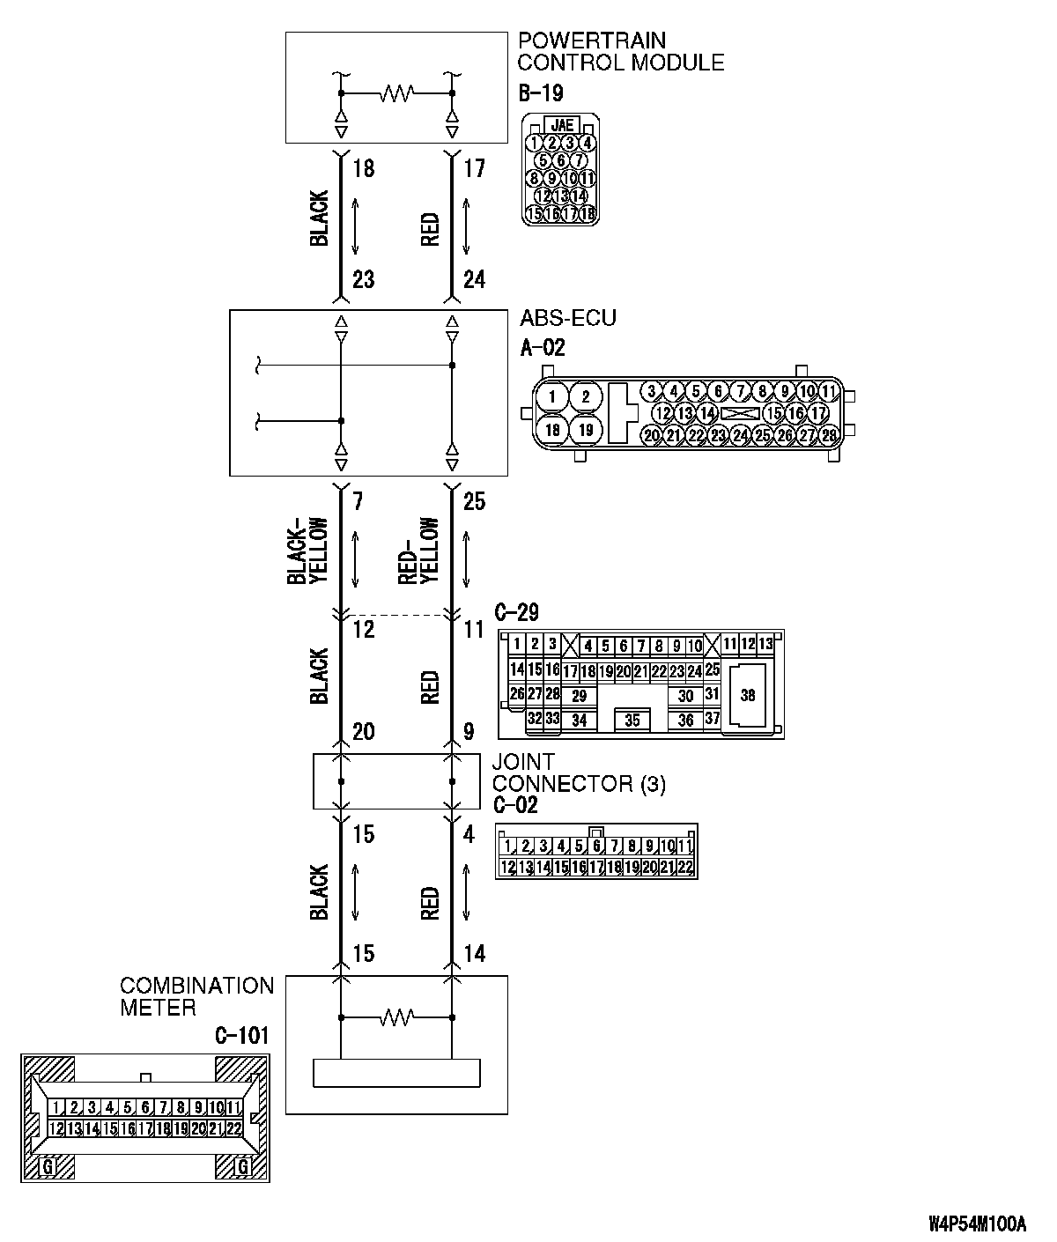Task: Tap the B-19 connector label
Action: pos(540,92)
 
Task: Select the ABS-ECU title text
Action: pos(567,318)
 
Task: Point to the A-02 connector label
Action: pos(543,347)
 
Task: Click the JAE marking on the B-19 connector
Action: pos(560,125)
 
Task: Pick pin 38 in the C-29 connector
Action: pos(748,695)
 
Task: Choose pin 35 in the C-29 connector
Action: pos(632,720)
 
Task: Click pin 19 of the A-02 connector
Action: pos(587,430)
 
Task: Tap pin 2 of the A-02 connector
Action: pos(587,396)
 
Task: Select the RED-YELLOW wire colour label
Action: pos(418,550)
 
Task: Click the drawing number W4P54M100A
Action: pos(977,1224)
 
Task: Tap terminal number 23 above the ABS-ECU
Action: pos(363,279)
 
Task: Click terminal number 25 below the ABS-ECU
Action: pos(474,501)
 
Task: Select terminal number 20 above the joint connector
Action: pos(363,731)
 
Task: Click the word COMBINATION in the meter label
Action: pos(197,986)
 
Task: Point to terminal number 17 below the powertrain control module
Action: pos(474,168)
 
